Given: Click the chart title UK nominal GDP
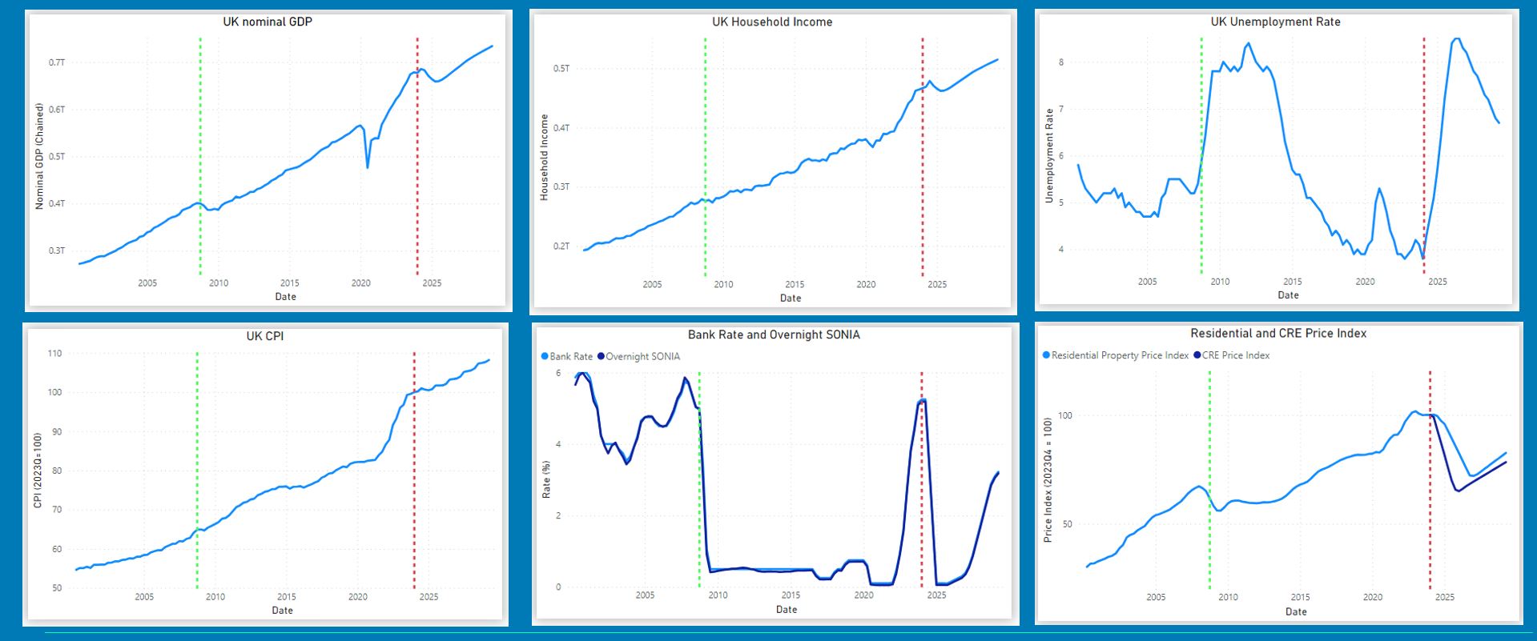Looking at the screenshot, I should coord(268,22).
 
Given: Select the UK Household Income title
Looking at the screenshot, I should coord(772,22).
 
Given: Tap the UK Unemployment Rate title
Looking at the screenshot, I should coord(1275,22).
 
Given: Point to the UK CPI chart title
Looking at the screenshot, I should coord(265,336).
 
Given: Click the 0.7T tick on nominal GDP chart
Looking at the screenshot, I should coord(57,62).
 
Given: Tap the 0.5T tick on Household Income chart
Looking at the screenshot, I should coord(561,69).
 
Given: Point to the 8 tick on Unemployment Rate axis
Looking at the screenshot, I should coord(1061,62).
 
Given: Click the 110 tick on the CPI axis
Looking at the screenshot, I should coord(54,353).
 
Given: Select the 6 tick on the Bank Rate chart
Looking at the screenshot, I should coord(558,373).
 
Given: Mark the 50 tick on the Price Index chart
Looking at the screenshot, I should coord(1065,524).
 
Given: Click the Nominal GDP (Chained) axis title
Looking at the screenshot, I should coord(39,156).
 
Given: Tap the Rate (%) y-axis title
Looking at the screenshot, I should coord(546,479).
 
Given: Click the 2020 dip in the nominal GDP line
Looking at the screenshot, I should coord(368,166).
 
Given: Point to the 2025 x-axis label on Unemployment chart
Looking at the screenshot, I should coord(1438,282).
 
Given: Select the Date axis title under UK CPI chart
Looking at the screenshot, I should coord(283,611).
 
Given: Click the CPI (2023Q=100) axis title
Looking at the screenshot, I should coord(37,471).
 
